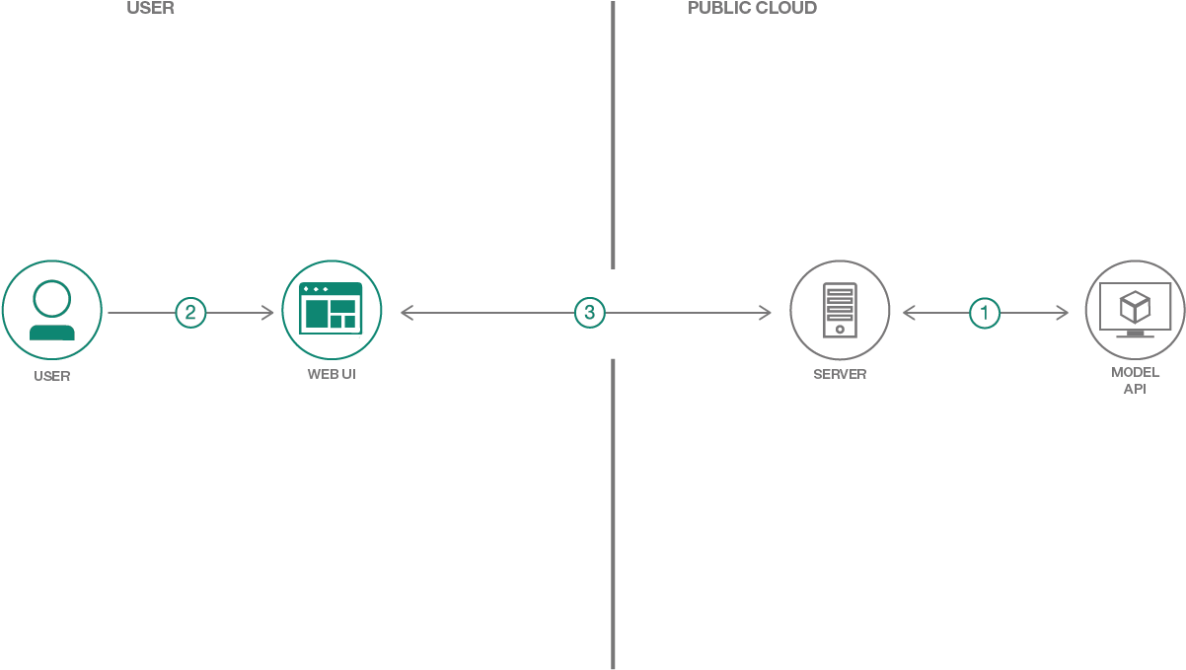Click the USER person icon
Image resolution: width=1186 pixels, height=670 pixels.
(x=51, y=311)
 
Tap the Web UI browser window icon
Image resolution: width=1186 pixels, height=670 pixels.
(x=332, y=310)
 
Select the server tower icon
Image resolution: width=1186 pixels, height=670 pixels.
(x=840, y=310)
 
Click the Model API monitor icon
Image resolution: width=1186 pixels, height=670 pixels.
(x=1135, y=310)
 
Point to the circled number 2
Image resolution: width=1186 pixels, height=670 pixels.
(x=190, y=313)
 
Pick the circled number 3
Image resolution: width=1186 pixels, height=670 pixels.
(x=589, y=313)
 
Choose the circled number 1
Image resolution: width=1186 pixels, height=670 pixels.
(x=984, y=313)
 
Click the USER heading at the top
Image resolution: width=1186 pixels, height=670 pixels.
(x=150, y=9)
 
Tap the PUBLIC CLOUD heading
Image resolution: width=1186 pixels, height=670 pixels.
(x=752, y=9)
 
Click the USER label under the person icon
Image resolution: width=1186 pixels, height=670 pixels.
(x=51, y=376)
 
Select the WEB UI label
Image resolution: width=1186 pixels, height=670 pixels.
(x=332, y=374)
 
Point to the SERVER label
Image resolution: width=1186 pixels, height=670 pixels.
(x=840, y=374)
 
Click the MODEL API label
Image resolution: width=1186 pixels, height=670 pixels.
(x=1135, y=380)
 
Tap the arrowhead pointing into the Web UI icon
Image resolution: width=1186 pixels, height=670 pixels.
(x=268, y=313)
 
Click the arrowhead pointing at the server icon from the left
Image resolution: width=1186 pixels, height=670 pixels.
(x=766, y=313)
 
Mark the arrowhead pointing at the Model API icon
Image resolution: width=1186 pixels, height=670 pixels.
(x=1062, y=313)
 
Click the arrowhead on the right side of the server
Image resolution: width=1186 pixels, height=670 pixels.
(x=909, y=313)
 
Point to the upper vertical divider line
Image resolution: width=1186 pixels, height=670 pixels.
(x=613, y=134)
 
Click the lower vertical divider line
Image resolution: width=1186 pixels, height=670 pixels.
(x=613, y=513)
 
